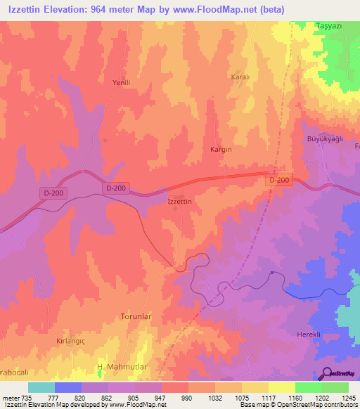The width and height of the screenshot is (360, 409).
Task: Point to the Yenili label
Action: click(x=122, y=82)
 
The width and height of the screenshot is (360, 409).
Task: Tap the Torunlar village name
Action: click(x=136, y=317)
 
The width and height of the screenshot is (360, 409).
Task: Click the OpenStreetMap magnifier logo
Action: click(x=326, y=373)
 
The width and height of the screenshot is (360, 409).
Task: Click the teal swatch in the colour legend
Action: click(x=41, y=387)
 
